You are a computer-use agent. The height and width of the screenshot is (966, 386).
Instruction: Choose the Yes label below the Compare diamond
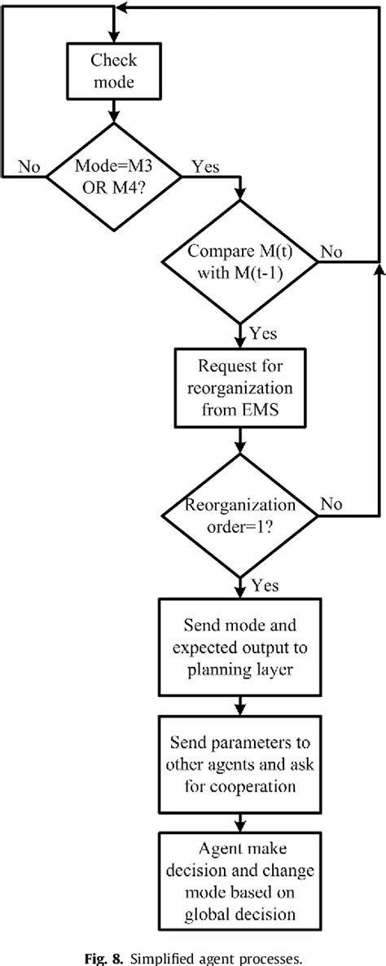pyautogui.click(x=262, y=334)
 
